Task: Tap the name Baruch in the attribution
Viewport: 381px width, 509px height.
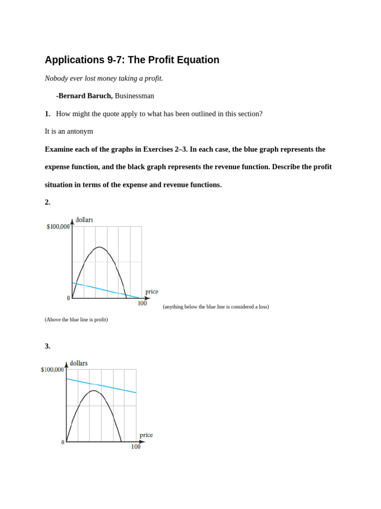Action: click(99, 96)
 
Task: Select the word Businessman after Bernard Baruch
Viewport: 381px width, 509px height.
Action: click(134, 96)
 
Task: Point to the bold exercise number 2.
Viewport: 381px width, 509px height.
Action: click(47, 202)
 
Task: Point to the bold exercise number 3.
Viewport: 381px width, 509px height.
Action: click(47, 346)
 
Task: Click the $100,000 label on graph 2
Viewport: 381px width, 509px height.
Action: click(58, 227)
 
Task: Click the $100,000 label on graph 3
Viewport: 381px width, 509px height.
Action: click(52, 370)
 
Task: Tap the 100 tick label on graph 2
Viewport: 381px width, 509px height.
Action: click(142, 304)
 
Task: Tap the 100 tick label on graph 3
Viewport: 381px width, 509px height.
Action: click(135, 447)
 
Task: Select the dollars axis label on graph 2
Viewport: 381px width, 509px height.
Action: click(84, 220)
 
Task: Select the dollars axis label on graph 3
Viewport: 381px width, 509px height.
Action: click(78, 363)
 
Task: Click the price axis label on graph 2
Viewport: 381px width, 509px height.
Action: click(151, 292)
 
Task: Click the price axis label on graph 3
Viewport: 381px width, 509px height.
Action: click(146, 435)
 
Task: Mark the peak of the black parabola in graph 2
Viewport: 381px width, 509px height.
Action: click(100, 247)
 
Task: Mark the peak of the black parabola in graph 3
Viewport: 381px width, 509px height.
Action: click(94, 391)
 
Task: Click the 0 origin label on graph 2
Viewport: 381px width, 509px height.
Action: click(68, 298)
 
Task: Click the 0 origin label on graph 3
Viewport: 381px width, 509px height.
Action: click(63, 442)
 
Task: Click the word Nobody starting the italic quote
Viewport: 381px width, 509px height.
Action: click(56, 79)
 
